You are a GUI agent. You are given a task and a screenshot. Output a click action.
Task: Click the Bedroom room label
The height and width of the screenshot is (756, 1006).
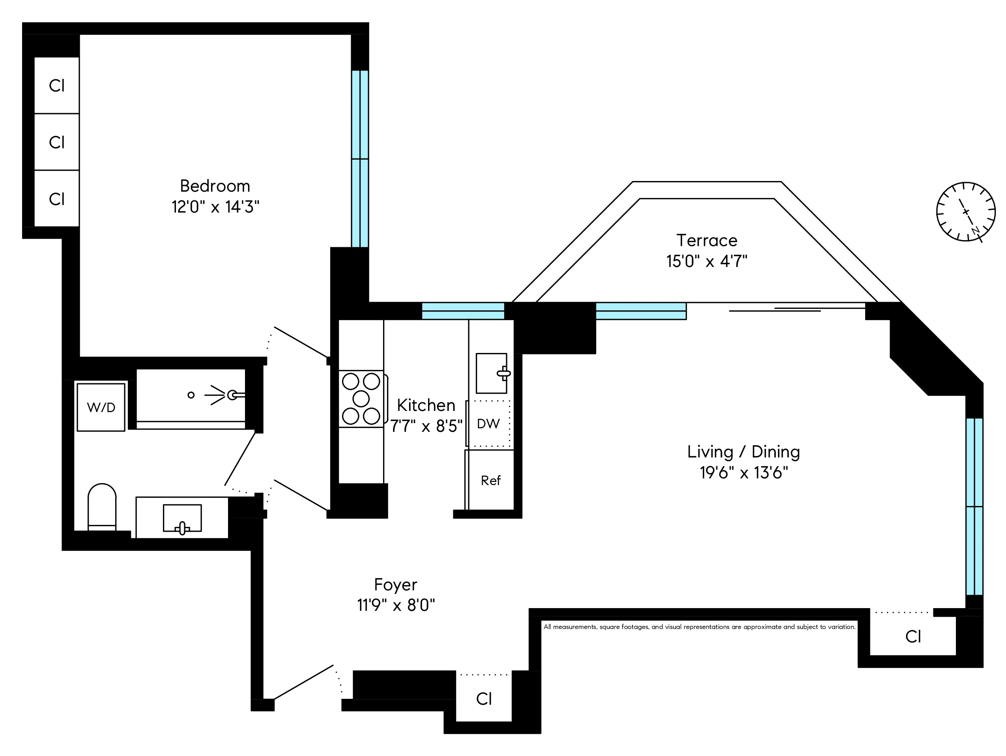tap(215, 186)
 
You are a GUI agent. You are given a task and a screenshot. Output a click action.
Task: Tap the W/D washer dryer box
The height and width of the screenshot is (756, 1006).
tap(101, 407)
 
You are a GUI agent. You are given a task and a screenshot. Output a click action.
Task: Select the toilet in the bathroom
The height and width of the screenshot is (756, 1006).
tap(102, 507)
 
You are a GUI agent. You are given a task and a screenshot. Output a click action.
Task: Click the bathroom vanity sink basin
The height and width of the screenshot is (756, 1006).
tap(182, 518)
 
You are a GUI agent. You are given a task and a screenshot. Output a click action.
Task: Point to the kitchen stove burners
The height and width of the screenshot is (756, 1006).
tap(361, 399)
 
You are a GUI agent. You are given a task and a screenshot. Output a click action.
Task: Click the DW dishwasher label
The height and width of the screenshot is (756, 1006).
tap(488, 424)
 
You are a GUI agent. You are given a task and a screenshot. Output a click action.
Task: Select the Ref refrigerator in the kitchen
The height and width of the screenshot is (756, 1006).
tap(491, 480)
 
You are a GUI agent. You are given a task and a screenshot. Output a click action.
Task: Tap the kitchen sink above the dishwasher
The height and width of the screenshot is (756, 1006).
tap(491, 373)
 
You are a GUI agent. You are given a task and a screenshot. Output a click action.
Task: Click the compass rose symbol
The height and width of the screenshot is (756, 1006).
tap(965, 212)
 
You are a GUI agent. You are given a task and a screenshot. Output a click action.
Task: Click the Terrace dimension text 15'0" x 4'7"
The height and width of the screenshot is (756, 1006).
tap(707, 261)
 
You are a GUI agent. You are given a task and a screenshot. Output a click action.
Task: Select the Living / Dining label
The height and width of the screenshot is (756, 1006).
tap(743, 452)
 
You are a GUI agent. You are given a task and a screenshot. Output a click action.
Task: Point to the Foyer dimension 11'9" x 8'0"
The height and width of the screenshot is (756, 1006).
tap(396, 605)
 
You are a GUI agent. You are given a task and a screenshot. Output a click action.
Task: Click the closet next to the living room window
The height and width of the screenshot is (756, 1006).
tap(913, 637)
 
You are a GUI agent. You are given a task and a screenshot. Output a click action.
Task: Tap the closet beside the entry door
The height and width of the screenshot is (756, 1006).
tap(484, 699)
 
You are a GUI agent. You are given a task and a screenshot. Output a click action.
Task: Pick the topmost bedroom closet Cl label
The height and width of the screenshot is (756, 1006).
tap(57, 86)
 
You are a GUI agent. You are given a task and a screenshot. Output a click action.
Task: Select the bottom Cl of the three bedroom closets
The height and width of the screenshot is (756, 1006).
tap(57, 199)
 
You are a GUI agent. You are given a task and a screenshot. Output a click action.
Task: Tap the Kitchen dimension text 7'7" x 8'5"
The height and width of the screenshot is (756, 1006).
tap(426, 426)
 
